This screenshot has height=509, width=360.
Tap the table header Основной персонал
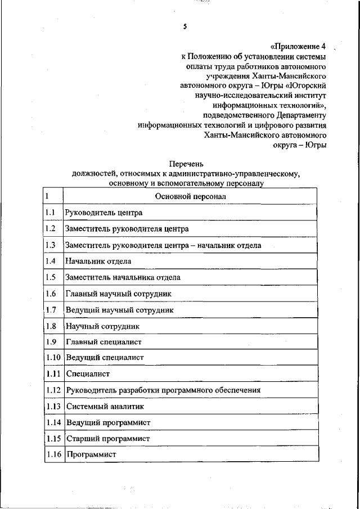[190, 197]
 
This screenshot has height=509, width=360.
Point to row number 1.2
[50, 229]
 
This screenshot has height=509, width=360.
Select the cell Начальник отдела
[98, 261]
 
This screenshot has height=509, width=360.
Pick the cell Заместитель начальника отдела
[123, 277]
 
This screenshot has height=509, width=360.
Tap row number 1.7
[51, 310]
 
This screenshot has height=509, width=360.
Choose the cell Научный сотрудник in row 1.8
[102, 326]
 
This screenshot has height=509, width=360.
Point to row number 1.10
[53, 358]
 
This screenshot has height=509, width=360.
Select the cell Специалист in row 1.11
[87, 373]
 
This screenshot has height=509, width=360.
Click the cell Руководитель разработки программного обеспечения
[163, 390]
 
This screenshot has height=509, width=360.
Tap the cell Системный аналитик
[105, 406]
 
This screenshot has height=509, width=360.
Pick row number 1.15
[53, 438]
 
